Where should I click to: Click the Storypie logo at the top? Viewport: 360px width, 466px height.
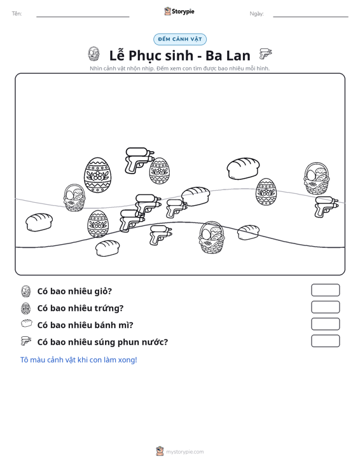(179, 11)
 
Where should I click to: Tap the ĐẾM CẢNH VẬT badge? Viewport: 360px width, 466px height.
(180, 39)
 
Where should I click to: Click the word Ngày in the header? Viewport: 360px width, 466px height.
(256, 14)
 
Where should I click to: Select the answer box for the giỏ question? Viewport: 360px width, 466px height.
(325, 290)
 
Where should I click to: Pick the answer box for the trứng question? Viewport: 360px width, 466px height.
(325, 307)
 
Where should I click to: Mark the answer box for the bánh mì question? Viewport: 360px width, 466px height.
(325, 324)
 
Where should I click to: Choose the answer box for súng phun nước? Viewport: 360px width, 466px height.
(325, 341)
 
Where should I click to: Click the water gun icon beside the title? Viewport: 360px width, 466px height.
(265, 54)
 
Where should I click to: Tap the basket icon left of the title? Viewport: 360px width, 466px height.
(94, 54)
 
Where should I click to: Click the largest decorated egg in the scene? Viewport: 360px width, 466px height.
(98, 175)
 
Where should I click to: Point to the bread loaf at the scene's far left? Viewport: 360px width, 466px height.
(39, 222)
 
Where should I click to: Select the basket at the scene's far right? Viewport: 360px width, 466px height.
(317, 178)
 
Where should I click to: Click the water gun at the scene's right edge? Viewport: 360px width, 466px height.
(326, 206)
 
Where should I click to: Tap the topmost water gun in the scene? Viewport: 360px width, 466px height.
(139, 160)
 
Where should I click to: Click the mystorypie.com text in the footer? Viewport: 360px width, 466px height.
(184, 452)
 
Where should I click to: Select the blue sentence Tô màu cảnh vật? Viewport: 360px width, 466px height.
(78, 360)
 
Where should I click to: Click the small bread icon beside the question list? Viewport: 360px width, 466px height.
(27, 324)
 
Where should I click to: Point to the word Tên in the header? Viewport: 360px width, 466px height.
(17, 14)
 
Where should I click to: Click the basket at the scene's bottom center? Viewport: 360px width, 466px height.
(212, 237)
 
